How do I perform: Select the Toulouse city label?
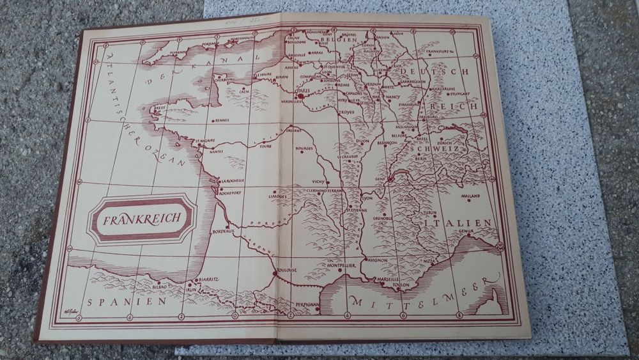(287, 270)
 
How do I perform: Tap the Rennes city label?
(222, 120)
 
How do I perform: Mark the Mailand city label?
(471, 196)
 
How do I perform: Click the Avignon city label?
(379, 261)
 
